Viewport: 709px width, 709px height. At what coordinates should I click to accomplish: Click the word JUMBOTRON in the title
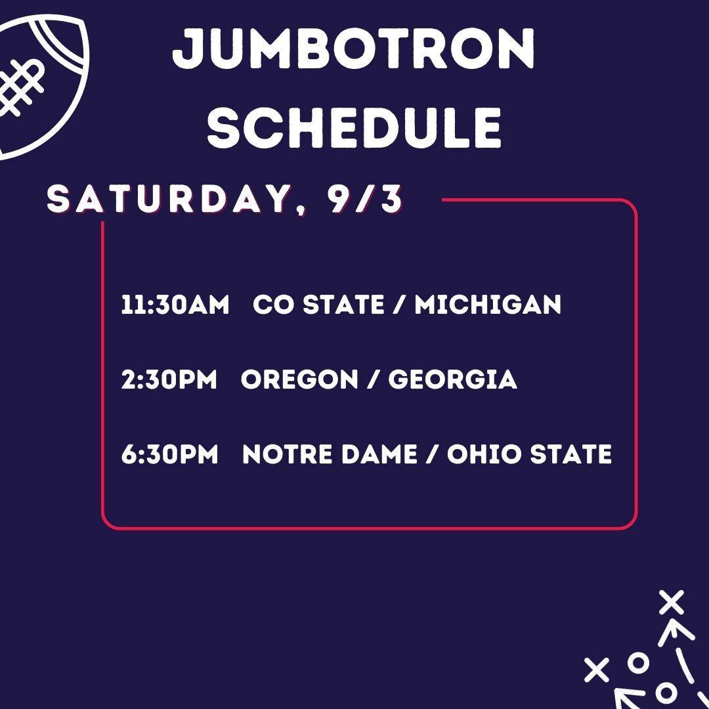tap(354, 49)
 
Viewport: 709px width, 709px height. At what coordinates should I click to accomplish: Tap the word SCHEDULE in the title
tap(354, 127)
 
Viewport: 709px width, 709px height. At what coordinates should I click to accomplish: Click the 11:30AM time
tap(175, 305)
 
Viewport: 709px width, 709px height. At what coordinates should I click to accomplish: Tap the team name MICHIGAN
tap(488, 305)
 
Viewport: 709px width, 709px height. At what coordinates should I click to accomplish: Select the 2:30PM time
tap(169, 379)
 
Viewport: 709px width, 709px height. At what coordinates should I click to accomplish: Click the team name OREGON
tap(299, 379)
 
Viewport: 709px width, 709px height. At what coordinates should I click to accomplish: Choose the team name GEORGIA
tap(452, 379)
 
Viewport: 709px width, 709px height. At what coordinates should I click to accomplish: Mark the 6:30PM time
tap(170, 454)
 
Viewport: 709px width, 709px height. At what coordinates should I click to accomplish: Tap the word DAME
tap(379, 454)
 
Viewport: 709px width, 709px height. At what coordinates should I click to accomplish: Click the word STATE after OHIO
tap(570, 454)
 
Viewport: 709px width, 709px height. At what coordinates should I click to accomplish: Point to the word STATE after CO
tap(343, 305)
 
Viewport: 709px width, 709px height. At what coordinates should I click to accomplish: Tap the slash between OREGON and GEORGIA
tap(374, 379)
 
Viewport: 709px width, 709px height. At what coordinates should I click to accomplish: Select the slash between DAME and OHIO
tap(432, 454)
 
